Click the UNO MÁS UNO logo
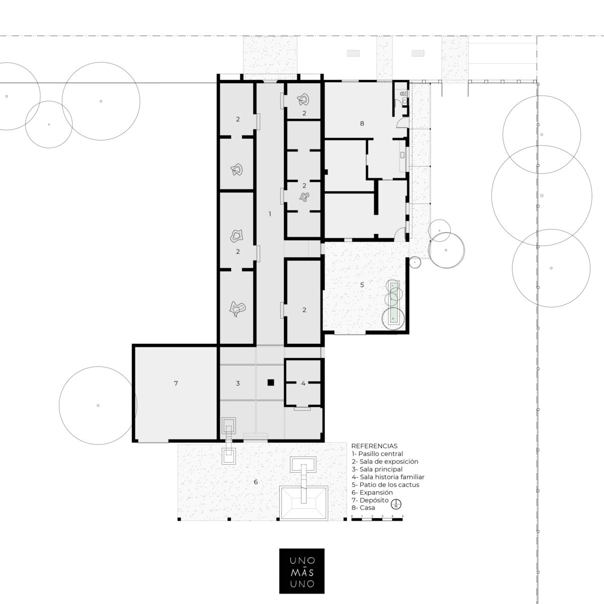301,570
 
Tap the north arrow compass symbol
397,504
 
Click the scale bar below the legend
377,519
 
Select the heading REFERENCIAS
374,446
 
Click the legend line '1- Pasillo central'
377,454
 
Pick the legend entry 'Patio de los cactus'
385,485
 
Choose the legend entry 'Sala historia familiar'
388,477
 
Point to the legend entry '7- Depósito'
370,500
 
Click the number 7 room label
176,383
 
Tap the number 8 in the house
362,123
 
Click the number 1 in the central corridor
270,214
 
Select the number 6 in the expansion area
256,482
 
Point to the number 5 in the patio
362,284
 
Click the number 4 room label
303,383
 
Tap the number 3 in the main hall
238,383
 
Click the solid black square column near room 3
271,383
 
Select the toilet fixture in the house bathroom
404,94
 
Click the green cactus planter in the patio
394,303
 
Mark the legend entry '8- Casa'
363,508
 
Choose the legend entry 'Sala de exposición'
385,462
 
